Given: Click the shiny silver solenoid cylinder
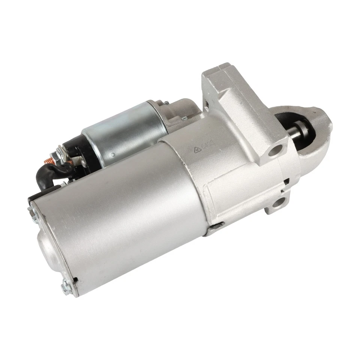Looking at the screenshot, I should [x=124, y=131].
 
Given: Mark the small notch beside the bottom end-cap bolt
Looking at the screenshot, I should [x=76, y=280].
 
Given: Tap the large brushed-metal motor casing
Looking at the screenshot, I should [x=124, y=210].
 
